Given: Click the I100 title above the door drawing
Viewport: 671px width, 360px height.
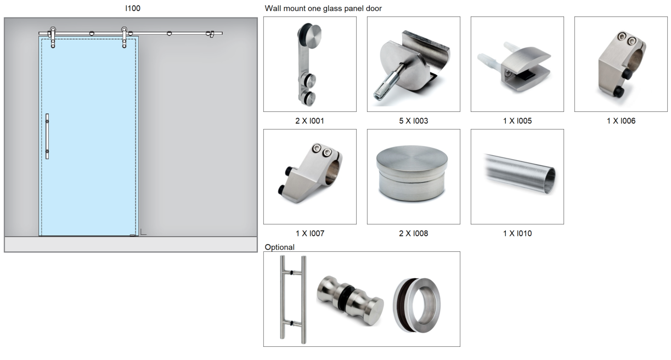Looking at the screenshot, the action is click(x=133, y=8).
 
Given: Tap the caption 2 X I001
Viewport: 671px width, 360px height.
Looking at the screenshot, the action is click(x=310, y=121).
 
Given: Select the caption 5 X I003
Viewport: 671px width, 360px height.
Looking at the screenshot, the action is click(x=413, y=121).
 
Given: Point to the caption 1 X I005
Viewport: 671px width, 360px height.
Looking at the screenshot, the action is click(x=517, y=121).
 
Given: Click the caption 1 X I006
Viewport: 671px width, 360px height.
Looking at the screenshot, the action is click(x=621, y=121).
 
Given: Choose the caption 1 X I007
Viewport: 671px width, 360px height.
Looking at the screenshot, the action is click(x=310, y=234).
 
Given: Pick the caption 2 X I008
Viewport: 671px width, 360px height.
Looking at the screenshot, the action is click(x=413, y=234).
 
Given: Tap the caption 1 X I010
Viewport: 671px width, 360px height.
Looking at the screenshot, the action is click(x=517, y=234).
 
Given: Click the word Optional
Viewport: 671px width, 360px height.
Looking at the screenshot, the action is click(x=279, y=248).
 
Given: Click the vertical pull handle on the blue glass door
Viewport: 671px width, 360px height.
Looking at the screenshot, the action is click(x=47, y=136).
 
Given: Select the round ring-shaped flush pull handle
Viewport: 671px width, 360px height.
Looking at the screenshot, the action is click(x=417, y=305).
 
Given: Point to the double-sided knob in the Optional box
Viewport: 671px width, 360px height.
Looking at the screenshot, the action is click(x=350, y=300).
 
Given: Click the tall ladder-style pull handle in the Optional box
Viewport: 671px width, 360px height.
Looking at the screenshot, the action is click(x=294, y=300).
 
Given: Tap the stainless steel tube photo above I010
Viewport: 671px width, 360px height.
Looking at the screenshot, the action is click(x=520, y=174).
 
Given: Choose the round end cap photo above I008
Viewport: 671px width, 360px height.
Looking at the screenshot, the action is click(x=412, y=173).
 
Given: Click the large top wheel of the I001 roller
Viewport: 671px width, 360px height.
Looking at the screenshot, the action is click(x=310, y=35).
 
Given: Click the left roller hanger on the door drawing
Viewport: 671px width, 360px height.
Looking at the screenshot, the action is click(x=53, y=37).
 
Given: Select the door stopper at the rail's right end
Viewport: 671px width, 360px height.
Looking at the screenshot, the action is click(x=210, y=34).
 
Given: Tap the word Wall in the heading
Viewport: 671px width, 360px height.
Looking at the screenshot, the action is click(x=273, y=8).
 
